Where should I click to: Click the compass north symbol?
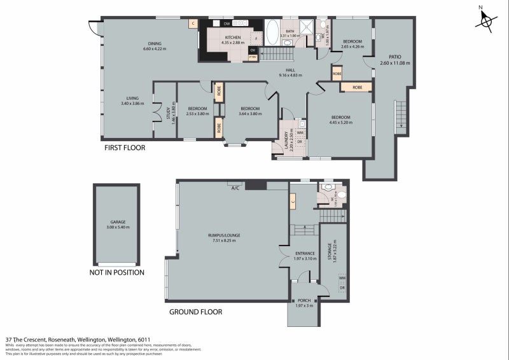pos(487,20)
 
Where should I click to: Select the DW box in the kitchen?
pos(226,24)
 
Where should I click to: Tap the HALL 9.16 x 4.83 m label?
pos(290,71)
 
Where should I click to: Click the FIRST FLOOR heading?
pos(125,148)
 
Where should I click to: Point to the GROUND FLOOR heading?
pos(195,312)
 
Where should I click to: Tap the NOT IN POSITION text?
pos(116,272)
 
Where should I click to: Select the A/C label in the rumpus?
pos(235,187)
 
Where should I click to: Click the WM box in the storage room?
pos(342,278)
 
